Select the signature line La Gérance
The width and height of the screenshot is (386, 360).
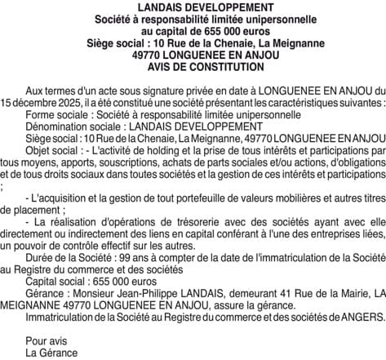point(51,352)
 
